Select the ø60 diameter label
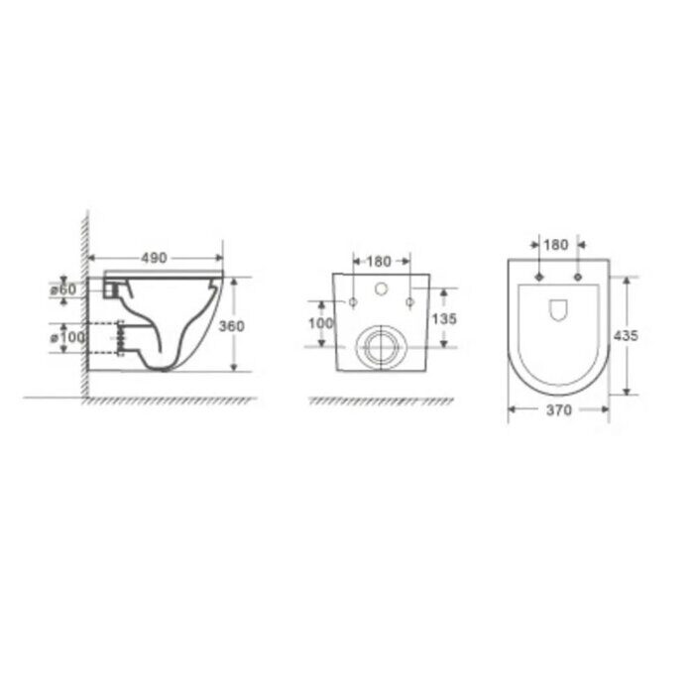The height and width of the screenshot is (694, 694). point(63,289)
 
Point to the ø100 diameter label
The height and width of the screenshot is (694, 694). point(69,337)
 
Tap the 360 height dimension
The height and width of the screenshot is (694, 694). point(231,326)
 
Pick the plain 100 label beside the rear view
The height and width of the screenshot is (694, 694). point(319,323)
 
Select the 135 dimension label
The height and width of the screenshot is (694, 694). point(443,318)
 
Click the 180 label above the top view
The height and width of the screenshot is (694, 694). point(557,244)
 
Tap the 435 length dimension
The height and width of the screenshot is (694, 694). point(626,335)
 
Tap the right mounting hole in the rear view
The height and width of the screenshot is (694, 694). point(408,300)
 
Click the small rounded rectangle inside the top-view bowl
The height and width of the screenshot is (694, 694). point(557,308)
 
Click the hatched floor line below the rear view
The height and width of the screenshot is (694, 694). point(382,401)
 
